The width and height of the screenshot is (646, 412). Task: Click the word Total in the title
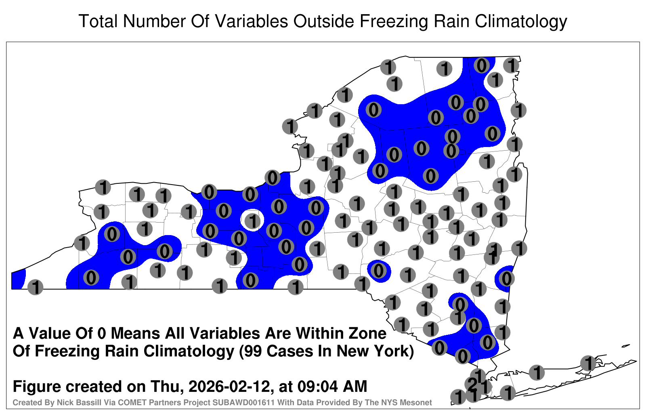[99, 21]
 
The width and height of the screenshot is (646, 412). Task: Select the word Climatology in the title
[521, 22]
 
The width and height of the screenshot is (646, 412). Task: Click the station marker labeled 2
[472, 384]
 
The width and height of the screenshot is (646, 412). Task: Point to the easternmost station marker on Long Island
[588, 363]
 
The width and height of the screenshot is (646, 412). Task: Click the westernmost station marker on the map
[35, 287]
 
